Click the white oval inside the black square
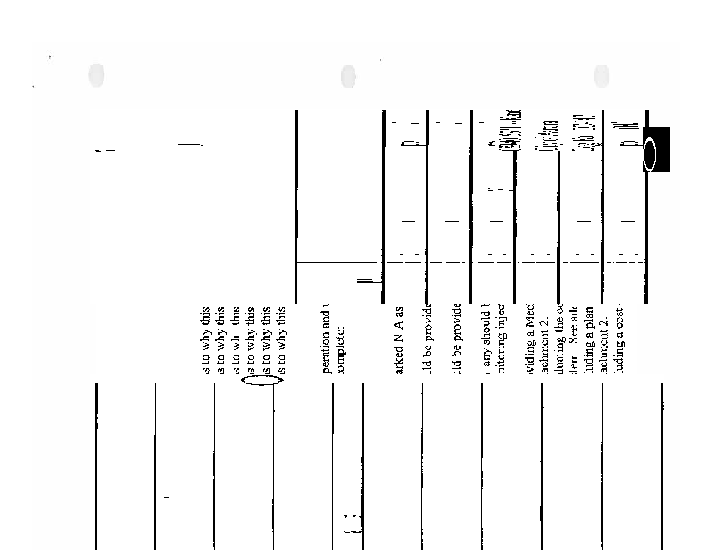click(651, 154)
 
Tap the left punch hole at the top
click(96, 75)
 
